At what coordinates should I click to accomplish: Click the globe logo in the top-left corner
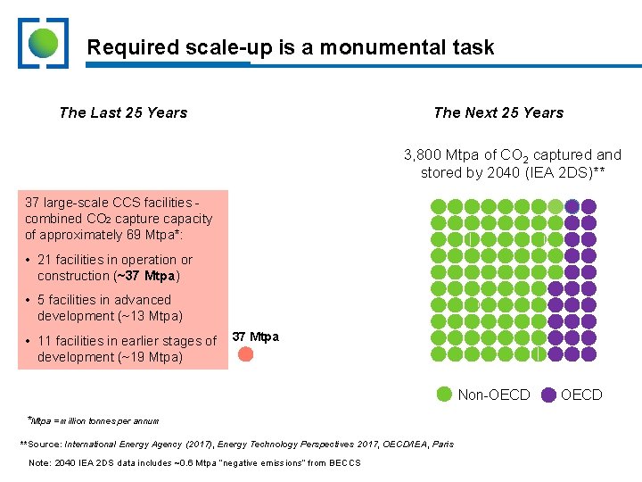click(x=42, y=43)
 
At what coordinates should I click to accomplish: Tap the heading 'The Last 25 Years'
click(x=123, y=112)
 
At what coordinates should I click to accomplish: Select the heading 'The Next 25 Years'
click(x=498, y=112)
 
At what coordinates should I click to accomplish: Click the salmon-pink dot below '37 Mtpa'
click(x=246, y=353)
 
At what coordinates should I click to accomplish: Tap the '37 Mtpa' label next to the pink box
click(x=255, y=337)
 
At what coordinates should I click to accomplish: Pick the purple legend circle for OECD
click(x=548, y=395)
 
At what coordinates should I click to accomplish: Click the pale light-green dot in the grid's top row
click(x=556, y=206)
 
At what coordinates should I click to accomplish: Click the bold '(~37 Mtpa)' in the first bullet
click(x=148, y=276)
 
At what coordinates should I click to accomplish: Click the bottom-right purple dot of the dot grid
click(x=588, y=354)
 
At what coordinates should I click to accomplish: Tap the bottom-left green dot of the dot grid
click(x=438, y=354)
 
